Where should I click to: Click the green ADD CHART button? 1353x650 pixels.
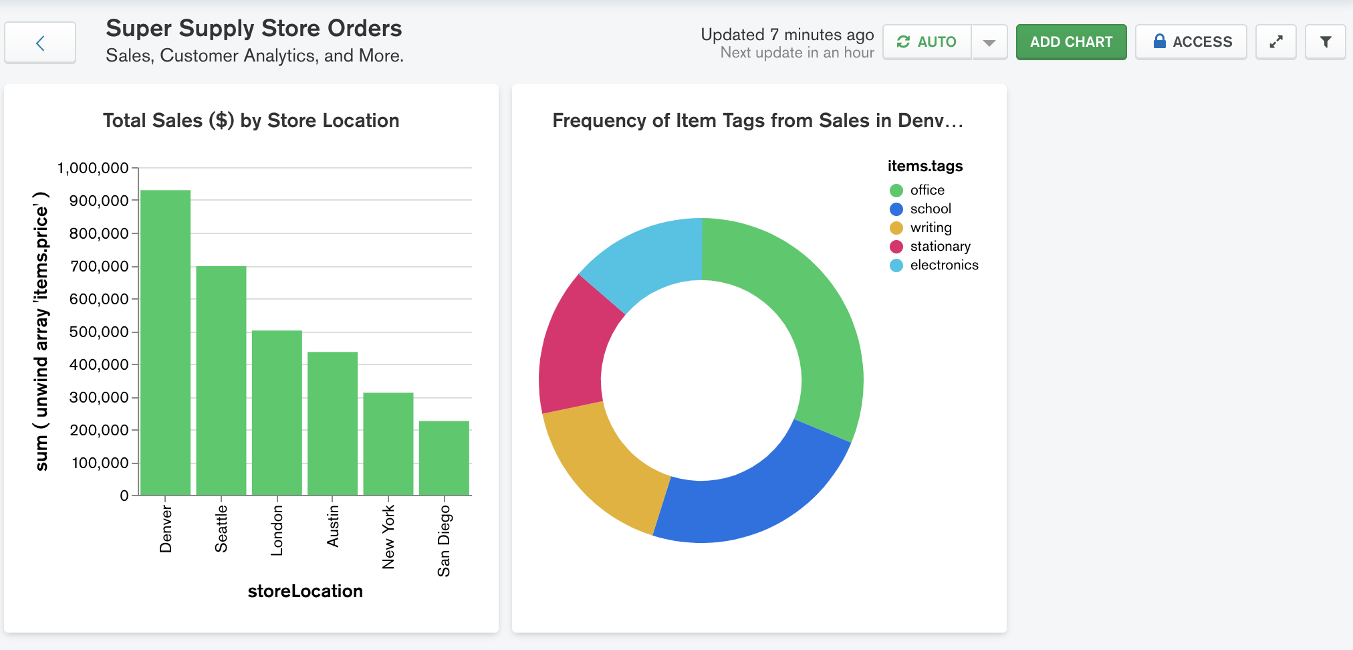(1071, 42)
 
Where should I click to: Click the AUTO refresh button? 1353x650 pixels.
(927, 42)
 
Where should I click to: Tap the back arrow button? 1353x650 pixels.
(40, 43)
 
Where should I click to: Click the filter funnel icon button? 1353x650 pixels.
(1325, 42)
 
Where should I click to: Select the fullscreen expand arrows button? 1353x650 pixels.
(1275, 42)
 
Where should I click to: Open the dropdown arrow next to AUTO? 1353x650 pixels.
(989, 43)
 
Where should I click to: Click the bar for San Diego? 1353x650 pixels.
(444, 459)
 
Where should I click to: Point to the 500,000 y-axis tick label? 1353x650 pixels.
(99, 332)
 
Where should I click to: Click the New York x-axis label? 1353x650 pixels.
(388, 537)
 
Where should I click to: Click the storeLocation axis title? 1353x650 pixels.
(305, 591)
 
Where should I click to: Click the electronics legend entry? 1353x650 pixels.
(943, 265)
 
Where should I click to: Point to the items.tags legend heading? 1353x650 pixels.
(925, 166)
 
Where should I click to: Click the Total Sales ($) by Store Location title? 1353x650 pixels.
(251, 120)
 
